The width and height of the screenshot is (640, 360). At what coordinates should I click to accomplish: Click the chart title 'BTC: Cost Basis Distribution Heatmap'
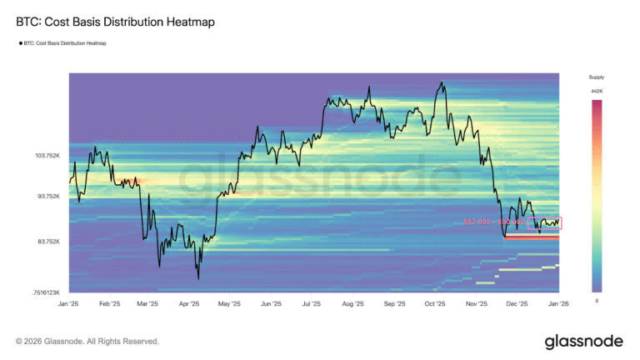tap(109, 22)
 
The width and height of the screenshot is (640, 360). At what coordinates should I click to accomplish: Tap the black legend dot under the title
tap(20, 42)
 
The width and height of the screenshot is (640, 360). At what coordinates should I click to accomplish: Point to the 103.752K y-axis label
tap(47, 156)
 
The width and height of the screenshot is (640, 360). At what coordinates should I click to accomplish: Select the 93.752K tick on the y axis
tap(47, 197)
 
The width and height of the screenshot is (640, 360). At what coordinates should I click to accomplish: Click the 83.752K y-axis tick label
tap(47, 242)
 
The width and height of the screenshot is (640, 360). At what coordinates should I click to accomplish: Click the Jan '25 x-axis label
tap(69, 304)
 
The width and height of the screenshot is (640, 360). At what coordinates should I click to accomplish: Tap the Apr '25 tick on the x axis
tap(190, 304)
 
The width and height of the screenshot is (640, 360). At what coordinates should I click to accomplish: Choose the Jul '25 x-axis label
tap(312, 304)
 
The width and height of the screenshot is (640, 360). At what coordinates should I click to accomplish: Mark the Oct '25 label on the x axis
tap(436, 304)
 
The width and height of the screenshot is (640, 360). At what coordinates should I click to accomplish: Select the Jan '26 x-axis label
tap(558, 304)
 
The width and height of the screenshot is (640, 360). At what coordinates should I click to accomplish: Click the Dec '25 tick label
tap(517, 304)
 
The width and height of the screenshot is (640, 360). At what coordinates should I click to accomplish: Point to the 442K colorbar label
tap(597, 90)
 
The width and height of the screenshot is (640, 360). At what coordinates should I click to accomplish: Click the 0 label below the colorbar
tap(597, 301)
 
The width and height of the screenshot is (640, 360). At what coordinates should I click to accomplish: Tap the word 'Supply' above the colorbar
tap(597, 77)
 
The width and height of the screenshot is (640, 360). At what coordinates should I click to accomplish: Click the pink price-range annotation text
tap(494, 222)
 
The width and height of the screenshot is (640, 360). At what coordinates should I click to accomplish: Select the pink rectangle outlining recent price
tap(545, 223)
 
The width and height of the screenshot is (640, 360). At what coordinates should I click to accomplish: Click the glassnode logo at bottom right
tap(584, 342)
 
